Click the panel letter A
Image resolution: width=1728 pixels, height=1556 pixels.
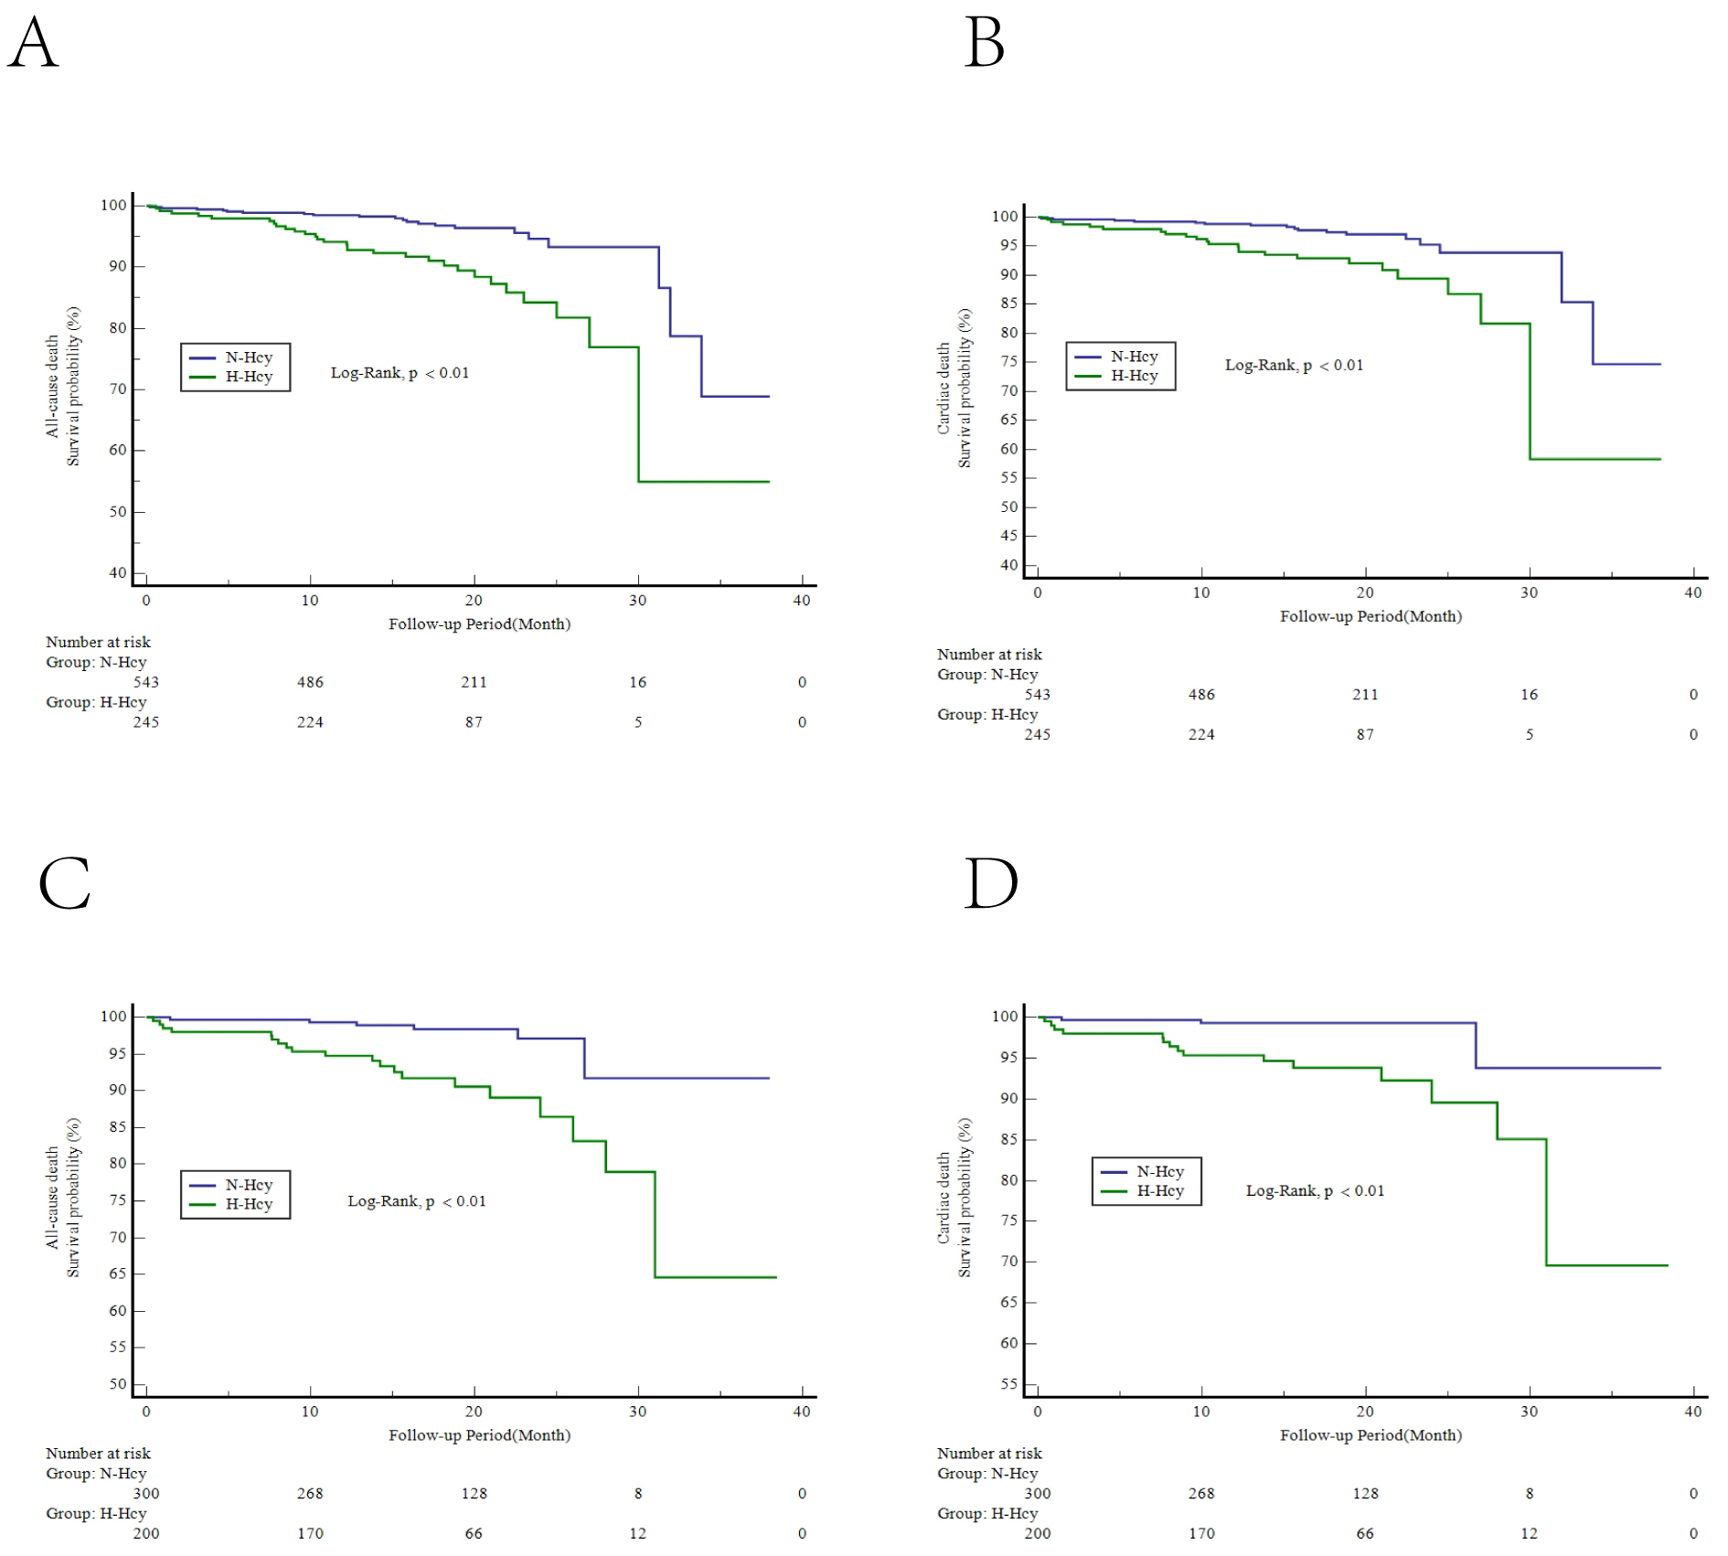pyautogui.click(x=33, y=43)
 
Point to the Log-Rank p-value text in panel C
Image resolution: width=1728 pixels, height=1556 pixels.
pyautogui.click(x=416, y=1201)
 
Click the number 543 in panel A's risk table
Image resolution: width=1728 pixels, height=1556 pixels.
pyautogui.click(x=145, y=682)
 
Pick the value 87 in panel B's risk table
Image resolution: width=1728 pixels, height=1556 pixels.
pyautogui.click(x=1365, y=734)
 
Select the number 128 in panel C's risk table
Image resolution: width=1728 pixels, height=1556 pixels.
pyautogui.click(x=474, y=1493)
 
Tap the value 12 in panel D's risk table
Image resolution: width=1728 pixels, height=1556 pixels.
pyautogui.click(x=1529, y=1533)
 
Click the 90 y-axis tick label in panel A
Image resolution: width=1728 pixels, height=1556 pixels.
pyautogui.click(x=117, y=266)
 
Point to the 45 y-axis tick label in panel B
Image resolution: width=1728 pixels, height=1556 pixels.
pyautogui.click(x=1008, y=536)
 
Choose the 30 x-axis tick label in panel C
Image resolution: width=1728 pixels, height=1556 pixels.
pyautogui.click(x=637, y=1412)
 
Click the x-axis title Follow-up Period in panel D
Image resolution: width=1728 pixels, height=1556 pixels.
pyautogui.click(x=1371, y=1435)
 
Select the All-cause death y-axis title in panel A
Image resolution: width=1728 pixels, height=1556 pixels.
pyautogui.click(x=53, y=386)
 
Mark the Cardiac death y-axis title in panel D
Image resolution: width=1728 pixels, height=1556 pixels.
pyautogui.click(x=944, y=1198)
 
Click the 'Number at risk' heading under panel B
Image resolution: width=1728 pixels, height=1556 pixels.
pyautogui.click(x=989, y=655)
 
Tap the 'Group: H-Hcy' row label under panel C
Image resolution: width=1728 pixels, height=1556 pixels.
pyautogui.click(x=96, y=1513)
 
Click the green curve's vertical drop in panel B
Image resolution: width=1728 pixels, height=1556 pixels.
pyautogui.click(x=1530, y=391)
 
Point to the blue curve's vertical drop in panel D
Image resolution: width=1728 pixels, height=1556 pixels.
pyautogui.click(x=1476, y=1046)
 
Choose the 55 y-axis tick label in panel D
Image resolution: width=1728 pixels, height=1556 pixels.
pyautogui.click(x=1008, y=1384)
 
